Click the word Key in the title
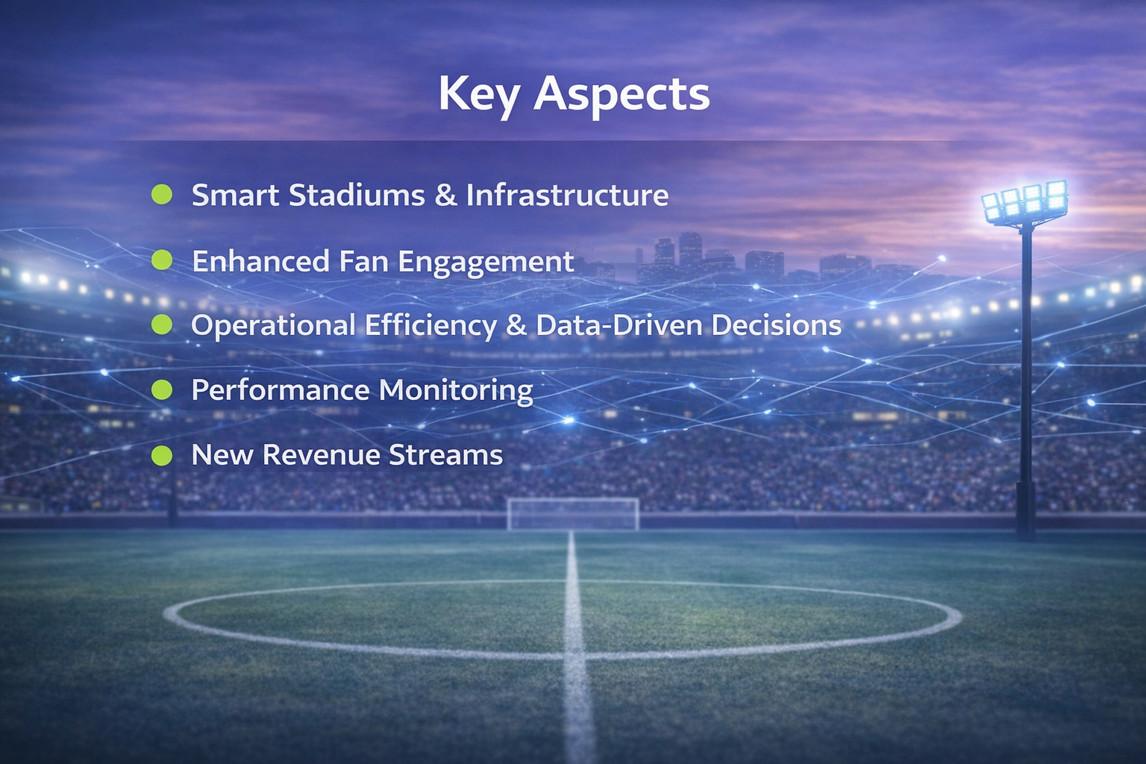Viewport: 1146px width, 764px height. click(478, 95)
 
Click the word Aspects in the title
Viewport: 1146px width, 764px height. click(621, 95)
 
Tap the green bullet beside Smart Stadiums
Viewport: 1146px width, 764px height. click(162, 195)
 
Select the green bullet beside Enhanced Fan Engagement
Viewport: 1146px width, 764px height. click(162, 260)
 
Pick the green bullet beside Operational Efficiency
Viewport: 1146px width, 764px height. click(162, 325)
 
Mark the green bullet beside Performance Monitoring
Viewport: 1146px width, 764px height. click(162, 390)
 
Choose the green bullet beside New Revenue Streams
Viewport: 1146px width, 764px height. click(162, 455)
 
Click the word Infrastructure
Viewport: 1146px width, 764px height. click(567, 195)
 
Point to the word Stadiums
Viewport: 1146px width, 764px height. click(357, 195)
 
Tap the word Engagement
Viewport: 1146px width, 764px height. click(486, 263)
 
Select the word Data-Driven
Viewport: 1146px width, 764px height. click(619, 325)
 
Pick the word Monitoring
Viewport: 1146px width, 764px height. click(456, 391)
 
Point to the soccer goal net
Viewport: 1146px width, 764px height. click(573, 513)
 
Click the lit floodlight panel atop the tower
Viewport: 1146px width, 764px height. click(1024, 201)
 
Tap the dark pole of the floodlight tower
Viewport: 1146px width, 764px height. click(1027, 373)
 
